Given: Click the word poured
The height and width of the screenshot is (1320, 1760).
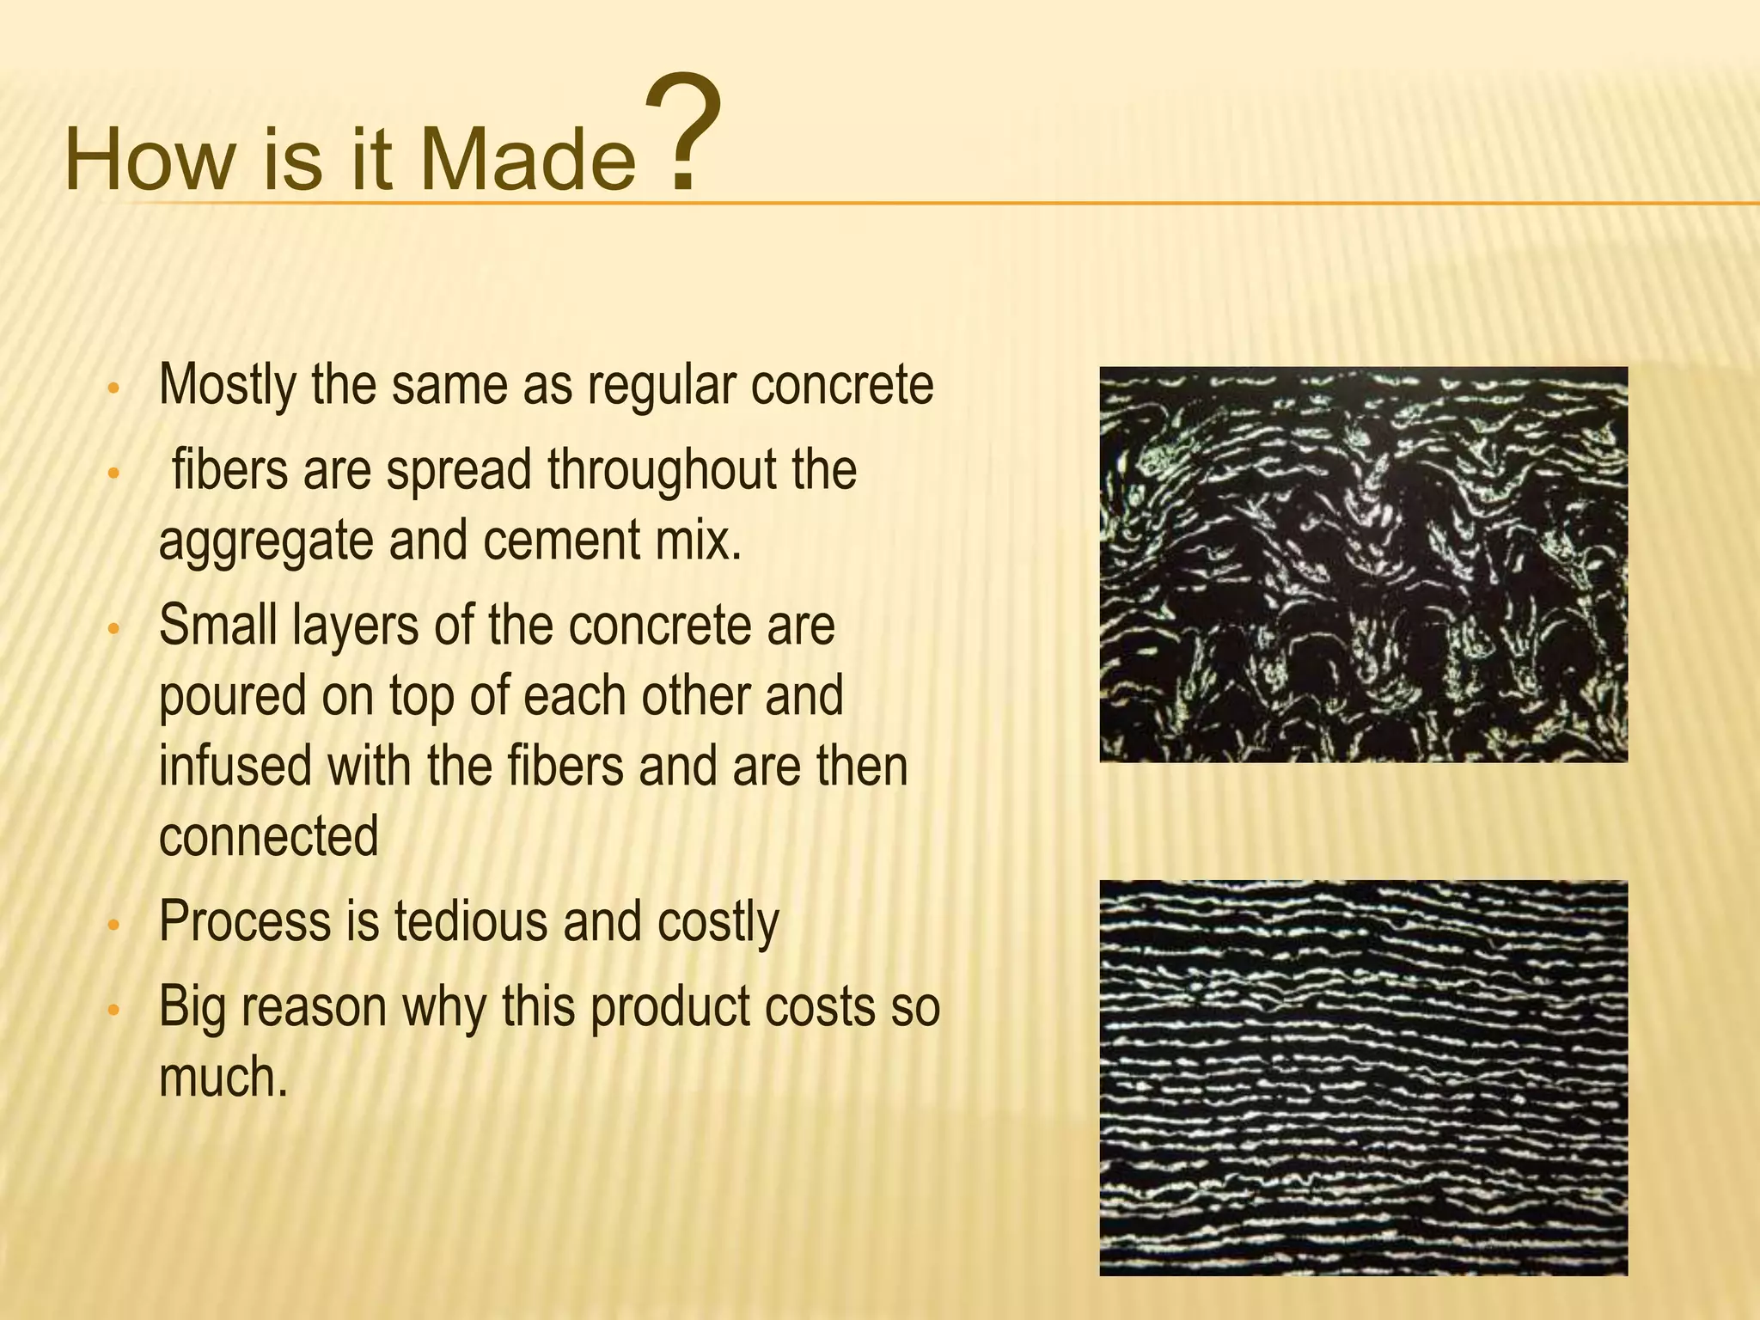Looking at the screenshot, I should point(231,696).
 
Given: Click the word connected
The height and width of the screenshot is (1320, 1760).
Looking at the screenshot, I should point(268,835).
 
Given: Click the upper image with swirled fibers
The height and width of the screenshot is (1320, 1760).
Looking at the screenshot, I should point(1363,565).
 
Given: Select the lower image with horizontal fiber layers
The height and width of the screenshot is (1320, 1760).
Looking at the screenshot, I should point(1363,1078).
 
